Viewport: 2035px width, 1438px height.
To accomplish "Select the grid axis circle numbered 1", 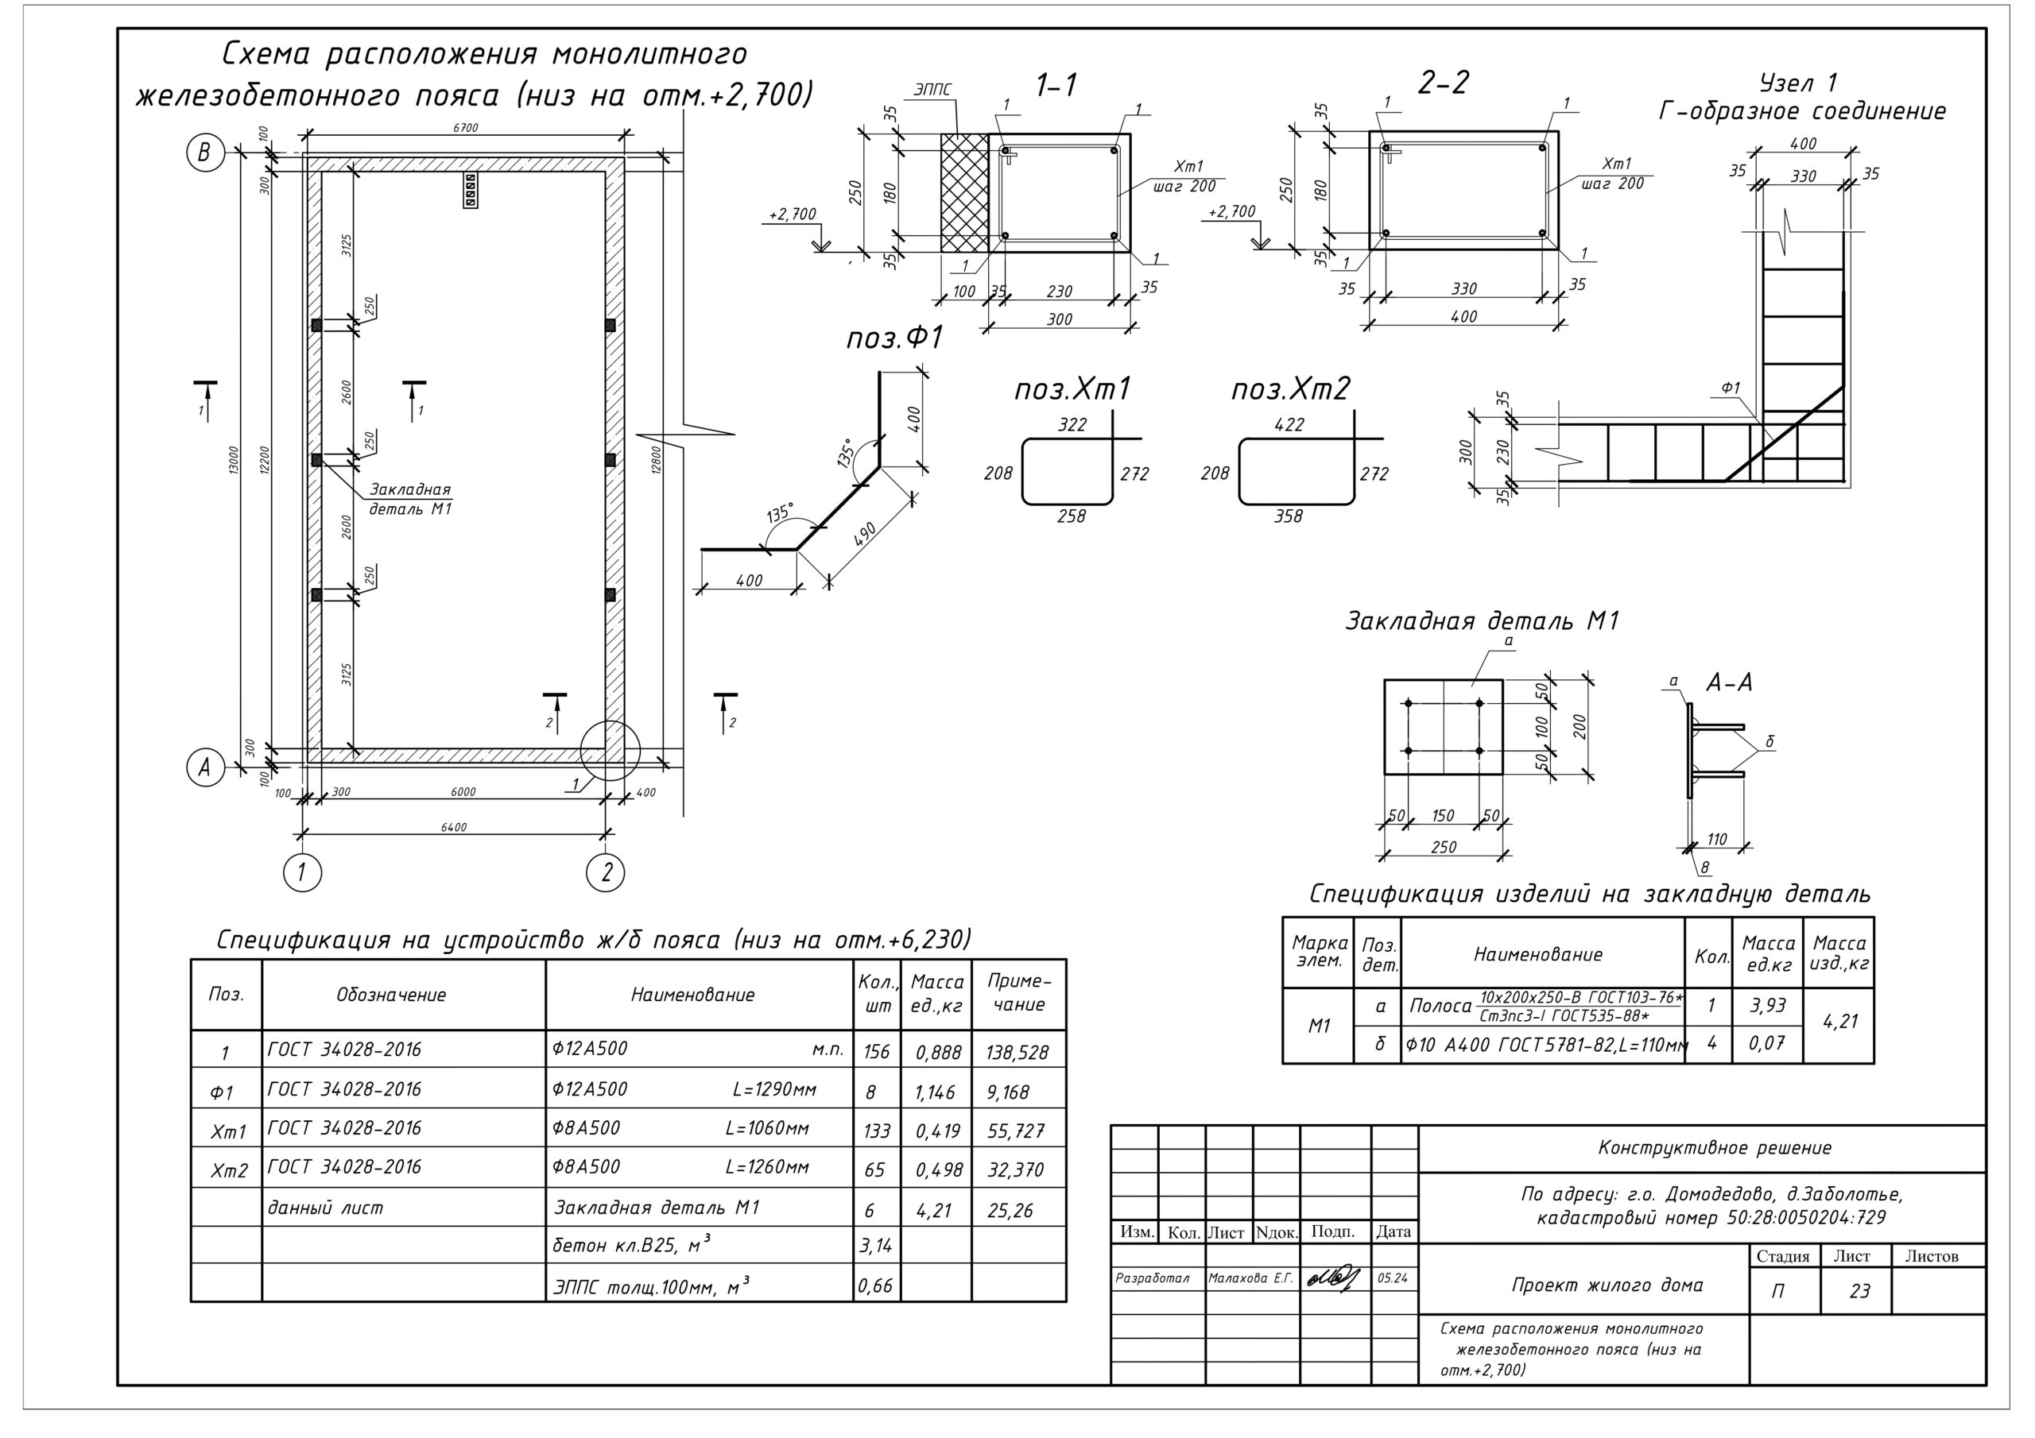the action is (x=301, y=872).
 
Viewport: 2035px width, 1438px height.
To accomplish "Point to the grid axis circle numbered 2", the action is (x=607, y=872).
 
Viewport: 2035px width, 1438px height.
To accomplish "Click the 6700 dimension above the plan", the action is (x=465, y=128).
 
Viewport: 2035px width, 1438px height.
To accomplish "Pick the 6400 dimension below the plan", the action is (x=453, y=828).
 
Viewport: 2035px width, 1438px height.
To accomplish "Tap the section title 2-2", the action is (x=1443, y=83).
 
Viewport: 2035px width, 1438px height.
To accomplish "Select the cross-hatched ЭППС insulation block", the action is (x=964, y=192).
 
